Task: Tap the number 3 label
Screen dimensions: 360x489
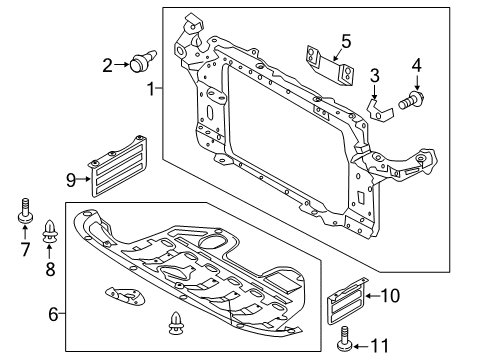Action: point(375,75)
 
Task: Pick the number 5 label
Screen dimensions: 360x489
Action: point(345,42)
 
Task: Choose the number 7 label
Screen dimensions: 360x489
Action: point(25,247)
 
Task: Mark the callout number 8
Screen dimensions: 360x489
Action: point(48,269)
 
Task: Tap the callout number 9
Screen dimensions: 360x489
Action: point(72,179)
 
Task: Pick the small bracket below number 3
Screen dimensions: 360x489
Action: point(378,105)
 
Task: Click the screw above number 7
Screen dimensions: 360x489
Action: point(25,214)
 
